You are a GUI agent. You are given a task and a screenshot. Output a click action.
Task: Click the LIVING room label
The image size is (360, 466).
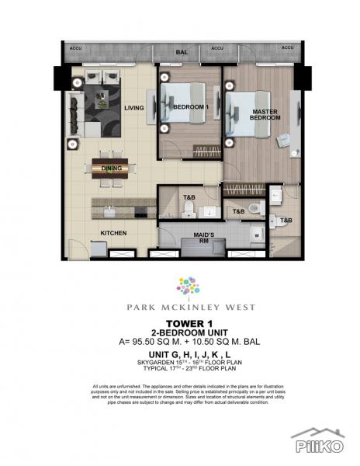click(x=134, y=109)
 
